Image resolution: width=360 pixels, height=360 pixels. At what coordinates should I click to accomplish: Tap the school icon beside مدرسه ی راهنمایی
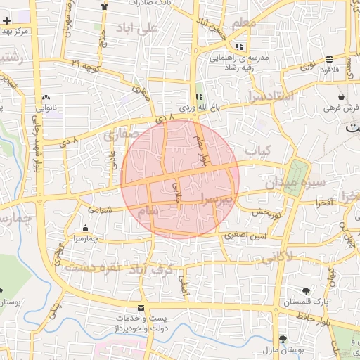point(239,46)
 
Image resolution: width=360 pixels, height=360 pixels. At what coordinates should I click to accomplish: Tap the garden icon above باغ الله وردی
point(199,96)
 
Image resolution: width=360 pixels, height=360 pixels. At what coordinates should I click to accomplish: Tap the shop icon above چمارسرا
point(86,228)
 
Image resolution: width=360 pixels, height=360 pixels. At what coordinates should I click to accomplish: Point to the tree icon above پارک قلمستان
point(305,290)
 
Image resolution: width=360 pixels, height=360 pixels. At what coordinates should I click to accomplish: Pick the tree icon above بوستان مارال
point(283,338)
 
